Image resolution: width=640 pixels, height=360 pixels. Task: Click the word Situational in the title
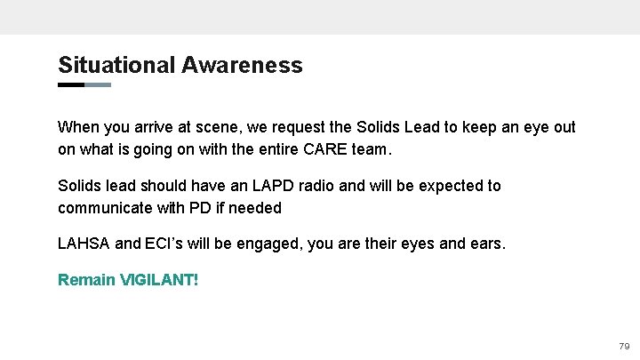pos(117,65)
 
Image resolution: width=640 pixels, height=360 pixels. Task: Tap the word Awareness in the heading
pos(243,65)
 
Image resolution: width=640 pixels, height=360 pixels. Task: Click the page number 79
pos(623,346)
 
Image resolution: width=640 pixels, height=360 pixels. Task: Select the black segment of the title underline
pos(71,85)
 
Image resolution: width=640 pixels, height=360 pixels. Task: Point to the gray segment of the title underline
pos(98,85)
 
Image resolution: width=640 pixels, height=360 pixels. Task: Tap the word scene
pos(223,127)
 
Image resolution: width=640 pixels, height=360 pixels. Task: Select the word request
pos(308,127)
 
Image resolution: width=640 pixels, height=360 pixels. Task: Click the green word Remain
pos(87,280)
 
